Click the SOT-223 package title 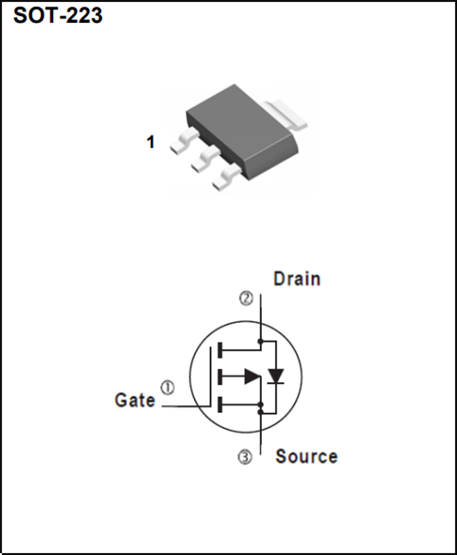pyautogui.click(x=58, y=16)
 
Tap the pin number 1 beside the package pyautogui.click(x=150, y=142)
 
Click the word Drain pyautogui.click(x=296, y=279)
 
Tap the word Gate pyautogui.click(x=135, y=400)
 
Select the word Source pyautogui.click(x=306, y=456)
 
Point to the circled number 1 pyautogui.click(x=167, y=387)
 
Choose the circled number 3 pyautogui.click(x=245, y=457)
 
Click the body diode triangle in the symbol pyautogui.click(x=276, y=376)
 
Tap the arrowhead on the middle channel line pyautogui.click(x=252, y=376)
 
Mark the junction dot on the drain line pyautogui.click(x=260, y=342)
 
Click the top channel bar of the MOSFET pyautogui.click(x=220, y=350)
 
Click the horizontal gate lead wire pyautogui.click(x=185, y=407)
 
